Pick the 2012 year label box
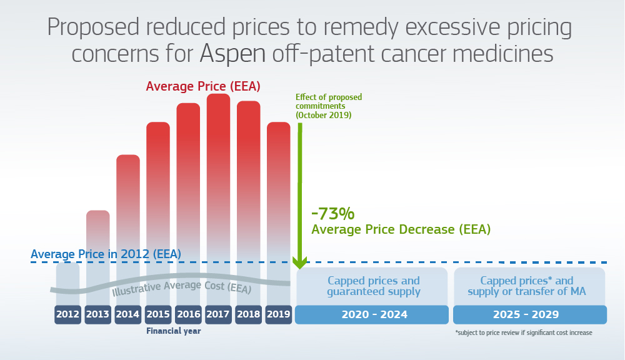(x=67, y=315)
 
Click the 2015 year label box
(x=158, y=315)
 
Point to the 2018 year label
(x=248, y=315)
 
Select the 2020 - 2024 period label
(x=372, y=315)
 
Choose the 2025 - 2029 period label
(x=529, y=315)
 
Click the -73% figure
(x=332, y=214)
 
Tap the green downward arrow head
(x=300, y=261)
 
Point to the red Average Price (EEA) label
(x=203, y=86)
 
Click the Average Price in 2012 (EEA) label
(x=106, y=254)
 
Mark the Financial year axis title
(x=174, y=331)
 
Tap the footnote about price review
(x=523, y=333)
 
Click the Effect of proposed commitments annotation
(x=329, y=106)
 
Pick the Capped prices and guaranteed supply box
(x=373, y=286)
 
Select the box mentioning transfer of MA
(x=529, y=286)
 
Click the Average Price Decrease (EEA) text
(x=401, y=229)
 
